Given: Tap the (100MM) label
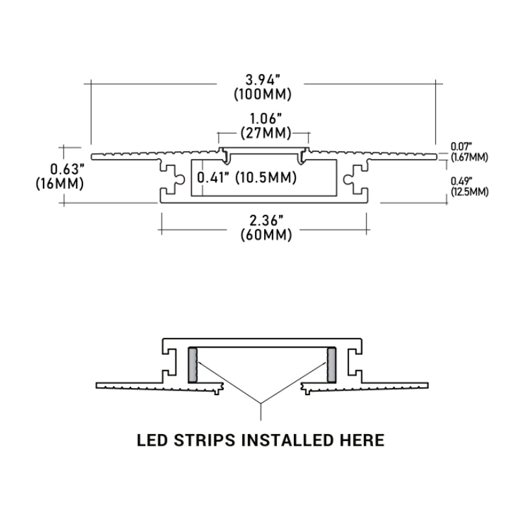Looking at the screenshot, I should [x=263, y=95].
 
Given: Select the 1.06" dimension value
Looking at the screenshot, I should [x=263, y=119].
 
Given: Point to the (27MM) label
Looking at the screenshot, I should [x=263, y=134].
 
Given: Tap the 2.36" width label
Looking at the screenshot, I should [x=263, y=220].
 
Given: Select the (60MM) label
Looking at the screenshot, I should [x=263, y=235].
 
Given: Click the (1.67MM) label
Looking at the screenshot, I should [x=469, y=157].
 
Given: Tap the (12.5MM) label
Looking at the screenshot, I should [x=469, y=191].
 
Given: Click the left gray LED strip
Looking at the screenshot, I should [x=192, y=365].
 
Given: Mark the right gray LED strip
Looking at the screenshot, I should [x=332, y=365].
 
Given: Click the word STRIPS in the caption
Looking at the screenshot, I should [x=206, y=441].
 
